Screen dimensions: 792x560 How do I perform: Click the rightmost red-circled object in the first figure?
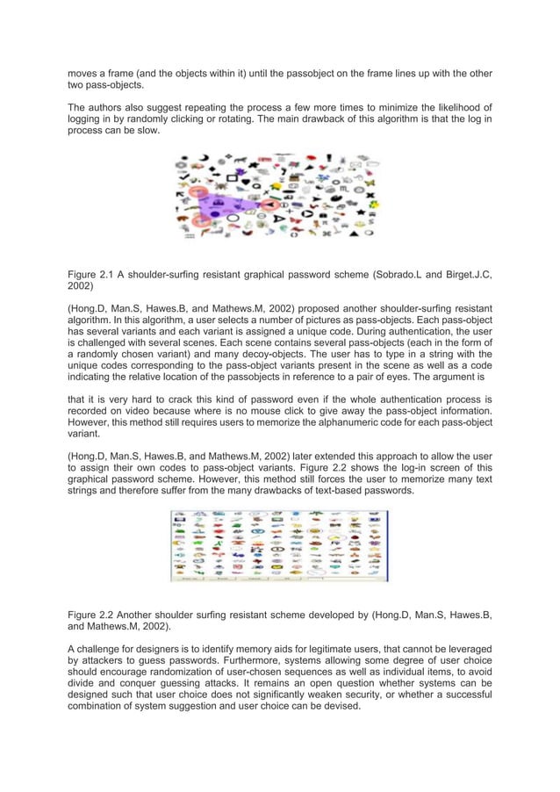[x=265, y=207]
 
